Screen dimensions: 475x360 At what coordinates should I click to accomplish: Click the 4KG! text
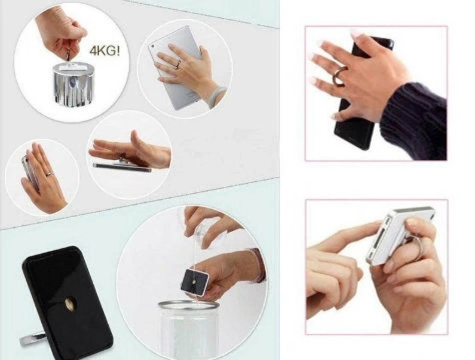pyautogui.click(x=105, y=51)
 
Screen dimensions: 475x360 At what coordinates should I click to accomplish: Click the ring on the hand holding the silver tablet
pyautogui.click(x=178, y=64)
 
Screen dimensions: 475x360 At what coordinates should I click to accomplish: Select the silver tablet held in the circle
pyautogui.click(x=175, y=67)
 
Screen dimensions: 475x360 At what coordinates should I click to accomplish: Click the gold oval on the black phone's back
pyautogui.click(x=70, y=303)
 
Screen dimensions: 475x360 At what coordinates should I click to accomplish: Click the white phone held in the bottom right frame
pyautogui.click(x=399, y=234)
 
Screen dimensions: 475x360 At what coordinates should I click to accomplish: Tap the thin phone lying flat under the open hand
pyautogui.click(x=122, y=167)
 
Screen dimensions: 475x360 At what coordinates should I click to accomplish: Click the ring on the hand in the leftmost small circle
pyautogui.click(x=49, y=174)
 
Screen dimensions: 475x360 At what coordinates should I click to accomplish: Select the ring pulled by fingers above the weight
pyautogui.click(x=69, y=57)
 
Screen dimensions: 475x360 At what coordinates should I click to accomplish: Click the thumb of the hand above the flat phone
pyautogui.click(x=138, y=140)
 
